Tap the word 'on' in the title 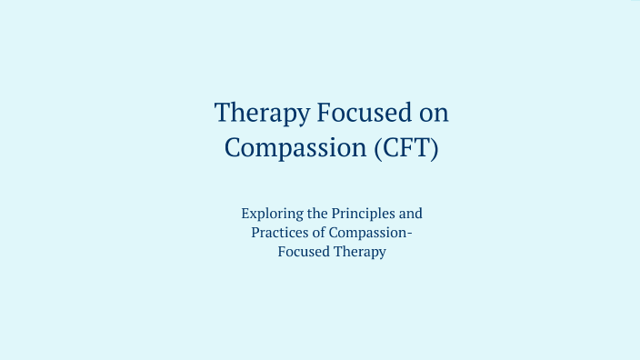432,114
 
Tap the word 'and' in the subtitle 412,215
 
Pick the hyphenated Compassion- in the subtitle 375,234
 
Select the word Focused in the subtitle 305,253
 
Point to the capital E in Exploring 246,215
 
